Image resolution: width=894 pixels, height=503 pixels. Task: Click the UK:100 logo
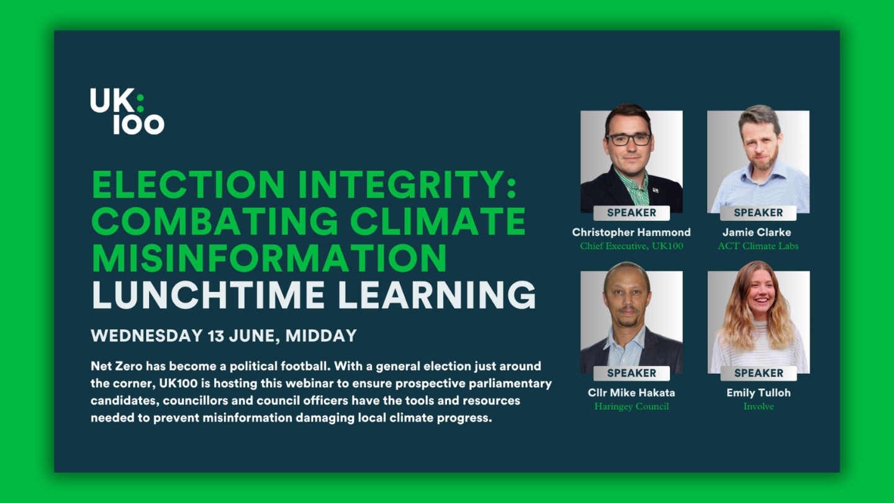(x=127, y=111)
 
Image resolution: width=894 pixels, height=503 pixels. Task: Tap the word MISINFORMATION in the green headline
(x=269, y=258)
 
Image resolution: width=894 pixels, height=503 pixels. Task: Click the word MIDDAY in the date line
(x=322, y=336)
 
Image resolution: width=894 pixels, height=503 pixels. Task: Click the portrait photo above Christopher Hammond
(x=631, y=160)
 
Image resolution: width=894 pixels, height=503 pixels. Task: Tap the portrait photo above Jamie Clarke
(x=758, y=160)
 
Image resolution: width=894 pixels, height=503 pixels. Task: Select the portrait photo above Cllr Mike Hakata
(x=631, y=320)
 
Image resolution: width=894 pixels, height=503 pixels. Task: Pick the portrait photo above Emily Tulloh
(x=758, y=320)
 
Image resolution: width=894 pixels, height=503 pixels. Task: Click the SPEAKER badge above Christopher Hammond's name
(x=631, y=213)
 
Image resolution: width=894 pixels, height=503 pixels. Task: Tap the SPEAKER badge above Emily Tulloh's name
(x=758, y=373)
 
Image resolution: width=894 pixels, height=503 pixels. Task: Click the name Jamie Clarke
(x=757, y=232)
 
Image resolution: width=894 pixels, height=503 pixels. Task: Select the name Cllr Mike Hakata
(x=631, y=392)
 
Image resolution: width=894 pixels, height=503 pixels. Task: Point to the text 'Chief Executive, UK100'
(x=631, y=246)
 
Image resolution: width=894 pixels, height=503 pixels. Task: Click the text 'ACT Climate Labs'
(x=758, y=246)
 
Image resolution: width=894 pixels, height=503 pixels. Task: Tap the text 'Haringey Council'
(x=631, y=406)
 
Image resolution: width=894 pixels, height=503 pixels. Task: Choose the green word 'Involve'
(x=758, y=406)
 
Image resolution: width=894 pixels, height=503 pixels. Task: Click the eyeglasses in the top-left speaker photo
(x=628, y=140)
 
